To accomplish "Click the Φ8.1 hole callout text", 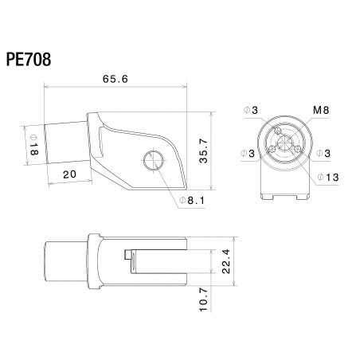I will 193,201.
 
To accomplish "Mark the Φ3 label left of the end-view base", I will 248,152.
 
